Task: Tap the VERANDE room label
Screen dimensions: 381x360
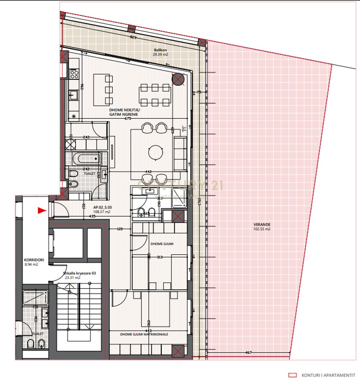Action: point(262,224)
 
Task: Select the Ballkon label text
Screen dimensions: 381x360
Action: point(161,50)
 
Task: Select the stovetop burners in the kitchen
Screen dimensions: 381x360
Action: point(74,73)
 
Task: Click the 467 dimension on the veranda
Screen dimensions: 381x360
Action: point(249,352)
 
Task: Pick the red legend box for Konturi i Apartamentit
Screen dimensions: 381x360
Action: point(293,375)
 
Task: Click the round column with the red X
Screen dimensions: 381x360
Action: point(178,79)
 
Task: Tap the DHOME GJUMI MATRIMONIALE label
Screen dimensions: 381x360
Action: point(144,334)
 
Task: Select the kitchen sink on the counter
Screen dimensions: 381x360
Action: point(74,95)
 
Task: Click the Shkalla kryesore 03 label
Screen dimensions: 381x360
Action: point(79,273)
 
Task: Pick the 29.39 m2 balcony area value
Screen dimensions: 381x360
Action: point(161,55)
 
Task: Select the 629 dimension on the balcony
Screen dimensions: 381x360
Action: point(133,37)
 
